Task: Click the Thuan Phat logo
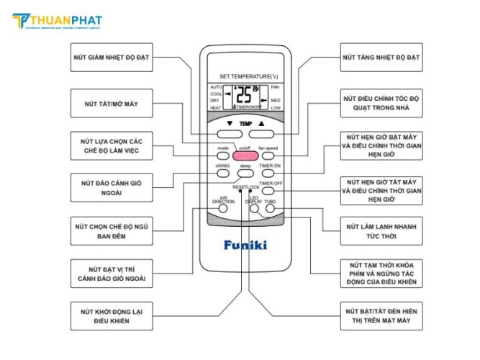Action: click(58, 22)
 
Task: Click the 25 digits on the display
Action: click(244, 94)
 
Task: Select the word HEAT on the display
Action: click(215, 108)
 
